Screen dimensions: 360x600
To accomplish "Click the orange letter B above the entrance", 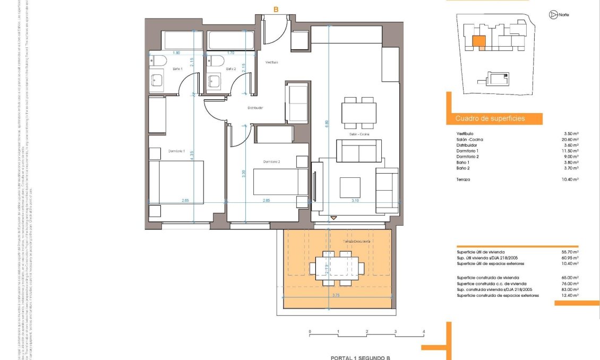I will [x=276, y=9].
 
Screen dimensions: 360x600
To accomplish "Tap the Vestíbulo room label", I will [x=272, y=62].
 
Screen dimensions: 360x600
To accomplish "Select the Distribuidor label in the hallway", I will [x=255, y=108].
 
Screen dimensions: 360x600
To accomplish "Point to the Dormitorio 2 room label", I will [x=271, y=161].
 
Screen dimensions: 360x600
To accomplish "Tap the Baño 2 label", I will [x=230, y=69].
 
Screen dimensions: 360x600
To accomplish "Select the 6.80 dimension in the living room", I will [x=328, y=123].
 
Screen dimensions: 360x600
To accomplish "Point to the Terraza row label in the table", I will [x=463, y=179].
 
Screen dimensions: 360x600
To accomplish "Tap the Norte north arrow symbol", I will [x=553, y=15].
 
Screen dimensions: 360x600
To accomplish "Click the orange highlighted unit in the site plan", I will [x=479, y=41].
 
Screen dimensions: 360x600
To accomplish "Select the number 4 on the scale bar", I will [x=424, y=331].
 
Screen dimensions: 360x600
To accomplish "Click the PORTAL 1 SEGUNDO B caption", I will [x=360, y=357].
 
